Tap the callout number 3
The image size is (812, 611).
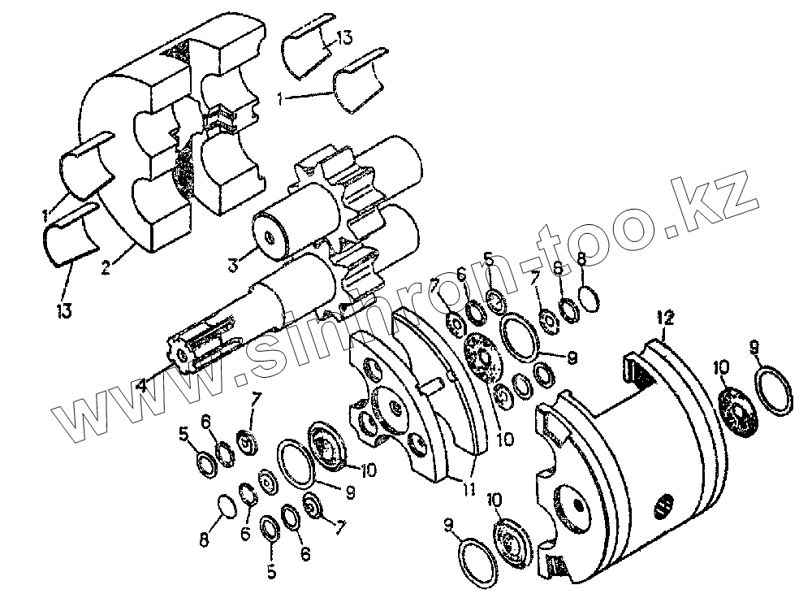click(233, 264)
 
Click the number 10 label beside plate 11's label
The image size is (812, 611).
click(505, 440)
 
